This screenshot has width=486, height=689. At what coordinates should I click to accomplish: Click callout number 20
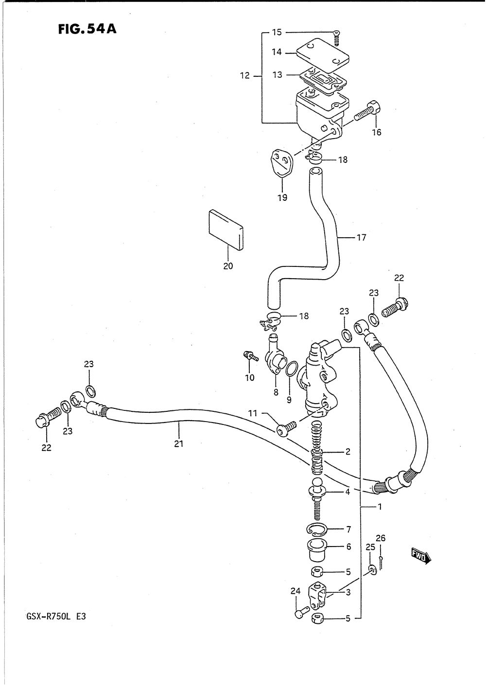(x=228, y=266)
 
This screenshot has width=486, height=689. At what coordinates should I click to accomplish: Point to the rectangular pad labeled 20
(x=226, y=230)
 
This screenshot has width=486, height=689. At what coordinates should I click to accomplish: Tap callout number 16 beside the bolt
(x=376, y=132)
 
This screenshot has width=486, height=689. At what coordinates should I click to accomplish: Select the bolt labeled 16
(x=367, y=112)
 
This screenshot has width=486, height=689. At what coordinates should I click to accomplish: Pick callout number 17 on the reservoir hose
(x=361, y=237)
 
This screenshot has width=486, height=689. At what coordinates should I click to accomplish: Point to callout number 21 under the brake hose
(x=178, y=443)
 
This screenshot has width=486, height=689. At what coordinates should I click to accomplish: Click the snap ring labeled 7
(x=316, y=530)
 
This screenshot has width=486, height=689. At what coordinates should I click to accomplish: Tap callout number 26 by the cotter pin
(x=381, y=538)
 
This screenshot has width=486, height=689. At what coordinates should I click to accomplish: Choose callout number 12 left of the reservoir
(x=245, y=75)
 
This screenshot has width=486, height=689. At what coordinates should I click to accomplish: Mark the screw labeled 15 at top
(x=337, y=38)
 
